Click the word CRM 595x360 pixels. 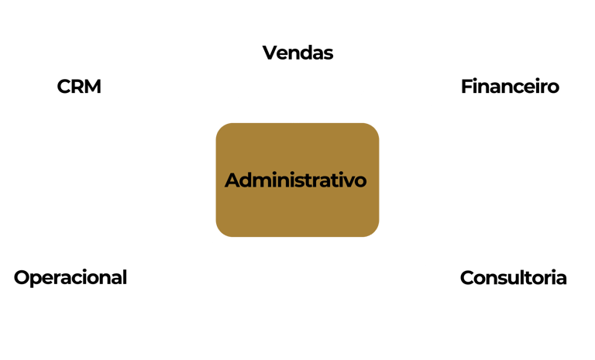(x=79, y=86)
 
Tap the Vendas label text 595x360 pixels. (x=297, y=53)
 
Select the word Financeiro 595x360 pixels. (x=510, y=86)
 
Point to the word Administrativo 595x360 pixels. (x=296, y=180)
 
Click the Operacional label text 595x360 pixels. (x=71, y=277)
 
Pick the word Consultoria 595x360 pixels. (x=513, y=277)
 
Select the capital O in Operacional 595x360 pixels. (x=22, y=277)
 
